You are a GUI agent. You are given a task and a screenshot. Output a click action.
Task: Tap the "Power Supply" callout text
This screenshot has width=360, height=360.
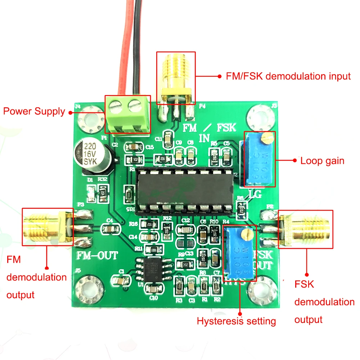click(x=34, y=111)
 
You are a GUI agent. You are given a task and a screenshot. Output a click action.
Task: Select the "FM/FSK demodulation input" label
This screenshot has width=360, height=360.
click(x=288, y=76)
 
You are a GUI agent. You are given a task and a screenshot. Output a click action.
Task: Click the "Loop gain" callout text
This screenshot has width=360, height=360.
click(x=322, y=161)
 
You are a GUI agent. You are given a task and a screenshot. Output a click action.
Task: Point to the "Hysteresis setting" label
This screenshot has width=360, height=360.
click(x=236, y=321)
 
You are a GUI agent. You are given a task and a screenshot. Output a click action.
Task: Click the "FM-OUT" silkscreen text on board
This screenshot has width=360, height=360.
click(x=97, y=256)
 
